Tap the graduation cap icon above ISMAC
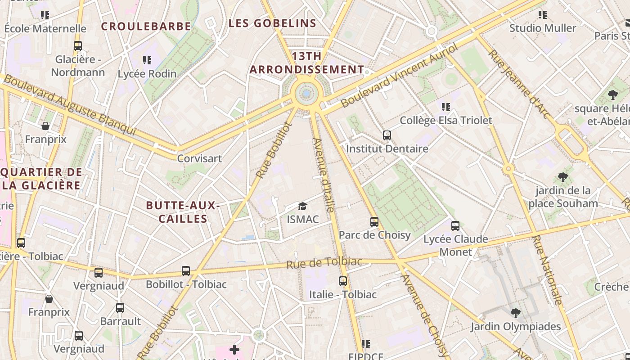click(x=302, y=207)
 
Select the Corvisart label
click(x=199, y=158)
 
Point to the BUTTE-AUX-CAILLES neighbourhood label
click(x=183, y=212)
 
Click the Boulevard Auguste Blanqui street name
click(x=70, y=105)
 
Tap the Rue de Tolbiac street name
click(x=324, y=262)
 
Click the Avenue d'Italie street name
click(x=324, y=175)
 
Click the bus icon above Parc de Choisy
click(x=374, y=221)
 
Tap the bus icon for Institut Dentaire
click(x=387, y=135)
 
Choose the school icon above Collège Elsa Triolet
click(x=446, y=107)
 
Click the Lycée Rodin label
click(x=147, y=74)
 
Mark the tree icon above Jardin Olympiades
click(x=516, y=313)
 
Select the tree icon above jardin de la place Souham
click(x=562, y=177)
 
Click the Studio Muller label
click(x=543, y=28)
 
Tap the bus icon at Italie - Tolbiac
click(x=343, y=281)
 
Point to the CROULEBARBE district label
click(x=146, y=26)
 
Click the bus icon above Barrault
click(x=120, y=308)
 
